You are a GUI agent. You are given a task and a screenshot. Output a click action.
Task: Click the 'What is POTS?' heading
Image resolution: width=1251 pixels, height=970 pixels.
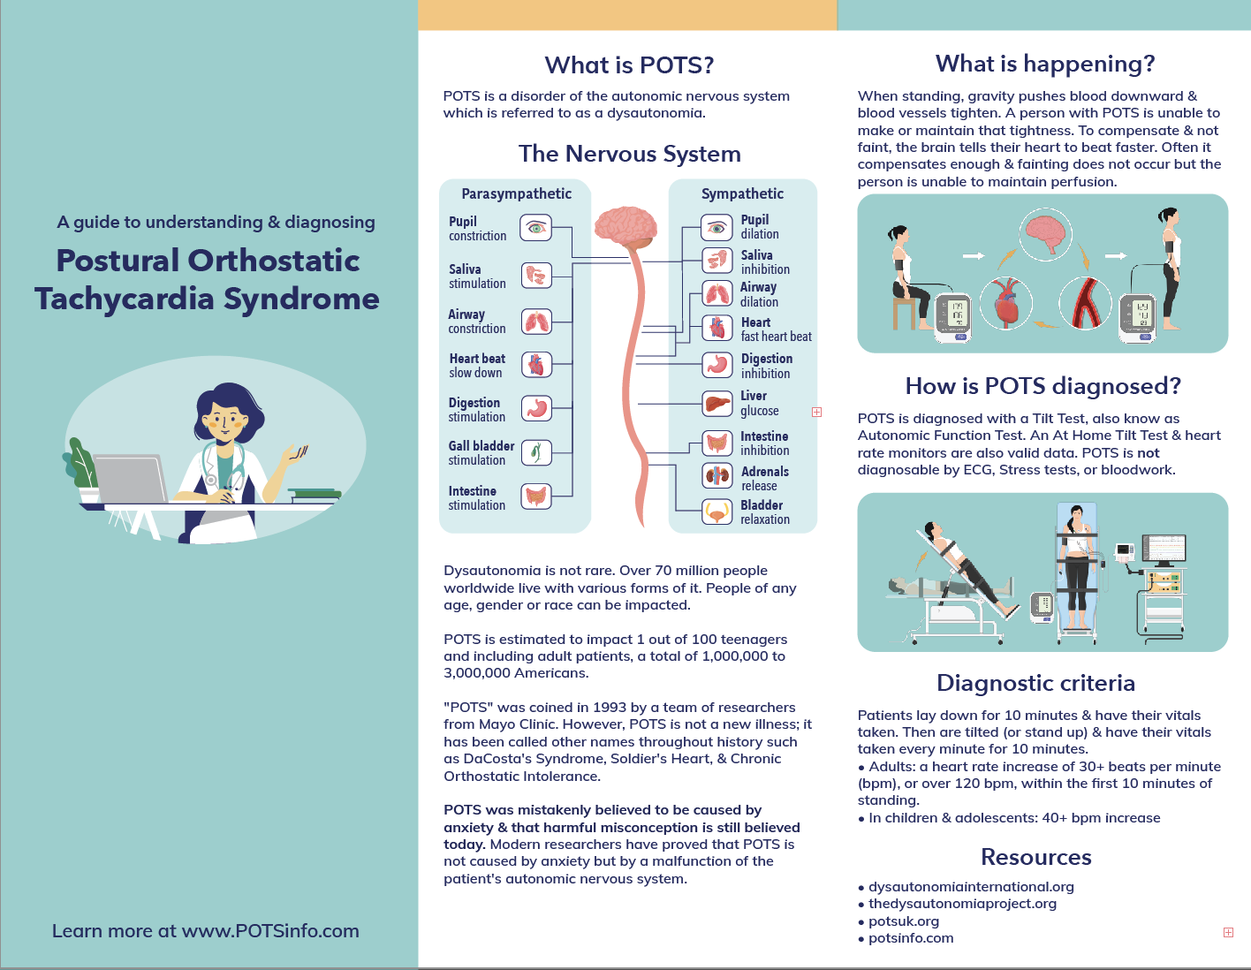[629, 65]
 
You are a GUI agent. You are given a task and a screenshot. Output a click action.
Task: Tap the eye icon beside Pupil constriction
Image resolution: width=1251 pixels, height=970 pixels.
[535, 228]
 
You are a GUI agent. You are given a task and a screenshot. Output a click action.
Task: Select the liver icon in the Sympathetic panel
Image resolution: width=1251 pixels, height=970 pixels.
[716, 404]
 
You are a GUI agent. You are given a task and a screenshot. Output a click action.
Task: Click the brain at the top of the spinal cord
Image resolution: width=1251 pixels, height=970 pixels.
[625, 226]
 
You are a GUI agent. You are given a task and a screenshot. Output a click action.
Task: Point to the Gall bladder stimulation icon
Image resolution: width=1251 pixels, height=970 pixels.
[535, 452]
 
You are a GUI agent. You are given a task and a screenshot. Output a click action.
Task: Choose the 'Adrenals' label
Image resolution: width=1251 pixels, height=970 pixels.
[764, 472]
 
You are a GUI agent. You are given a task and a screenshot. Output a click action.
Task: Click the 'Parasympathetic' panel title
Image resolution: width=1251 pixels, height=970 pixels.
[516, 193]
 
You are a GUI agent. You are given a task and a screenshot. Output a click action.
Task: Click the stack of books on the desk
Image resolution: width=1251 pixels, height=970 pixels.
[315, 495]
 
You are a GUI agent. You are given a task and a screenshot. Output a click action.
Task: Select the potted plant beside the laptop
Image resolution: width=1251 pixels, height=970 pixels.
[82, 468]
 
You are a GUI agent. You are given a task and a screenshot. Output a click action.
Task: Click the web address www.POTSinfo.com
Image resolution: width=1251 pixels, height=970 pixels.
[270, 931]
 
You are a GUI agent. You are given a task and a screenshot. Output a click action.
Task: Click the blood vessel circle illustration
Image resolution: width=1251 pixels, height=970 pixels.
[1084, 303]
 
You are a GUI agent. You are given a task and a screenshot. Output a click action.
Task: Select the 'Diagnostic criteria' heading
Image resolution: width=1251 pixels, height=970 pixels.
[1035, 683]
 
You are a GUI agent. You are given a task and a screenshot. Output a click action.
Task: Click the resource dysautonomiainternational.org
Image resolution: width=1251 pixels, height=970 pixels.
[971, 887]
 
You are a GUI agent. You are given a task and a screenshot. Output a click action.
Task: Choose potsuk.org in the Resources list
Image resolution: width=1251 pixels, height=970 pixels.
[904, 921]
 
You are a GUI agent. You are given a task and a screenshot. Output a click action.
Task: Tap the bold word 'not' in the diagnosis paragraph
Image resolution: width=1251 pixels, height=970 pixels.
[1148, 453]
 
